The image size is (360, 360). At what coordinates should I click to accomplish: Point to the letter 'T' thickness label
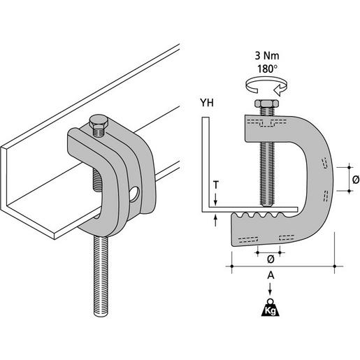(x=217, y=186)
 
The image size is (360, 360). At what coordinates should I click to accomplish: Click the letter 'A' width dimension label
(x=270, y=277)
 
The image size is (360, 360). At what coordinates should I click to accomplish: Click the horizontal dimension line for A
(x=280, y=266)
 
